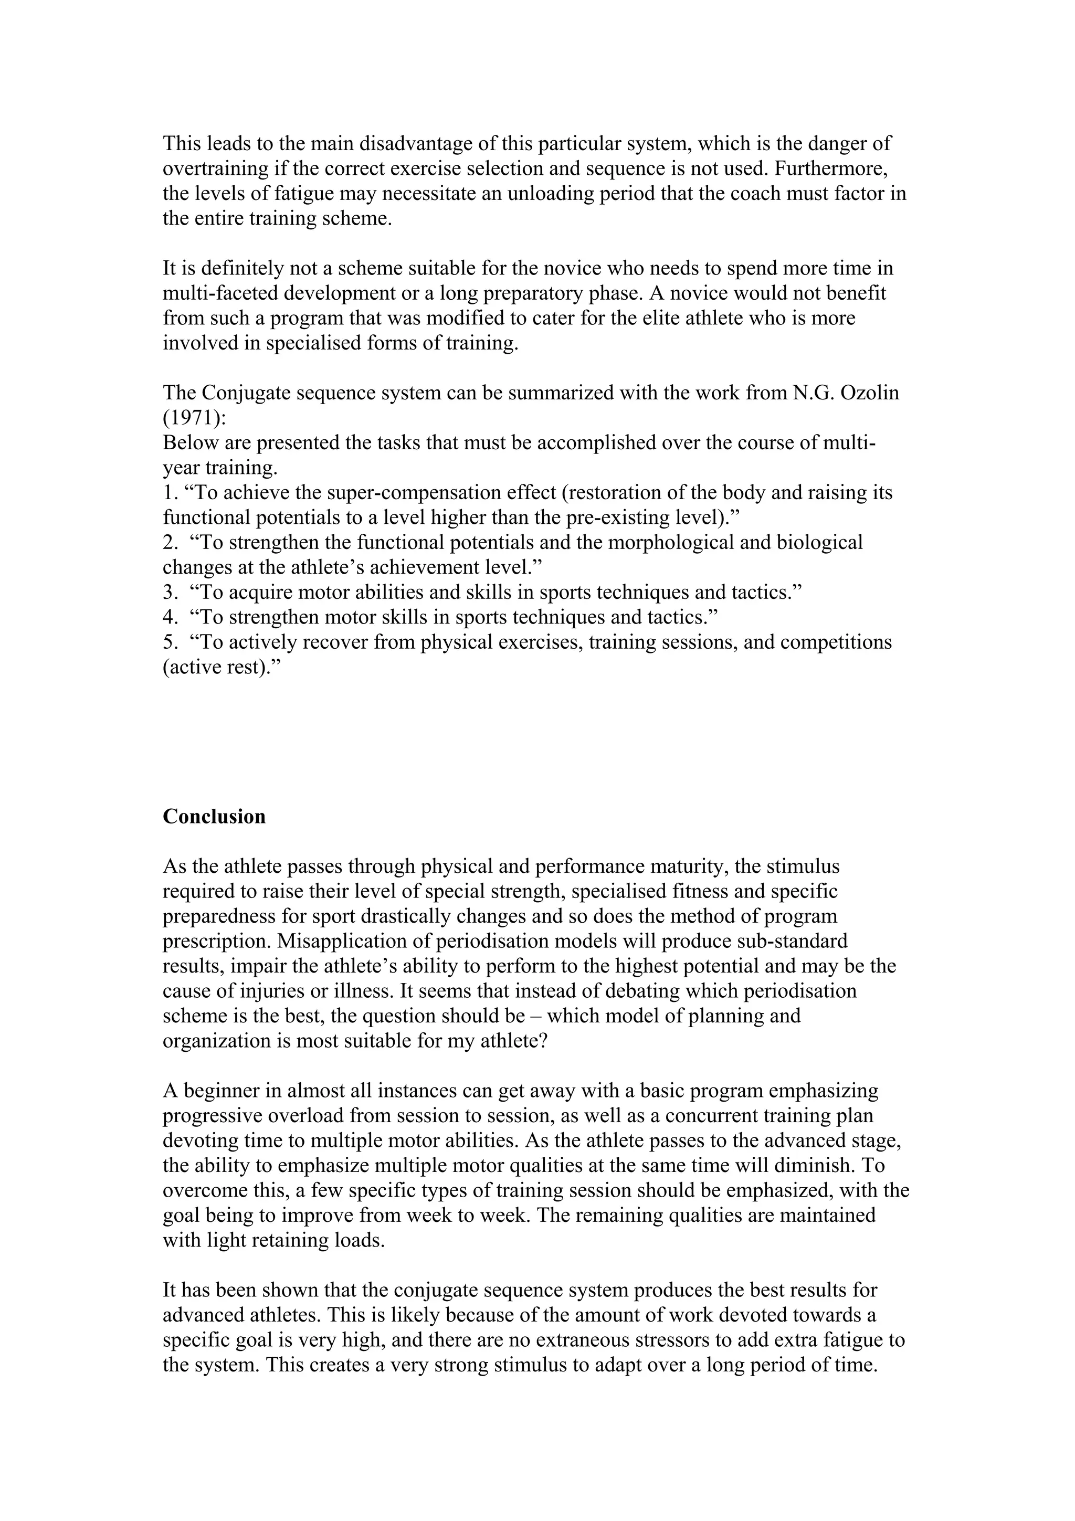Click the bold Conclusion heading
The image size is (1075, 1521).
tap(214, 816)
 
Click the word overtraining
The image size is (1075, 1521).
tap(216, 168)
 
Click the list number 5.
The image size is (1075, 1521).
tap(168, 642)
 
